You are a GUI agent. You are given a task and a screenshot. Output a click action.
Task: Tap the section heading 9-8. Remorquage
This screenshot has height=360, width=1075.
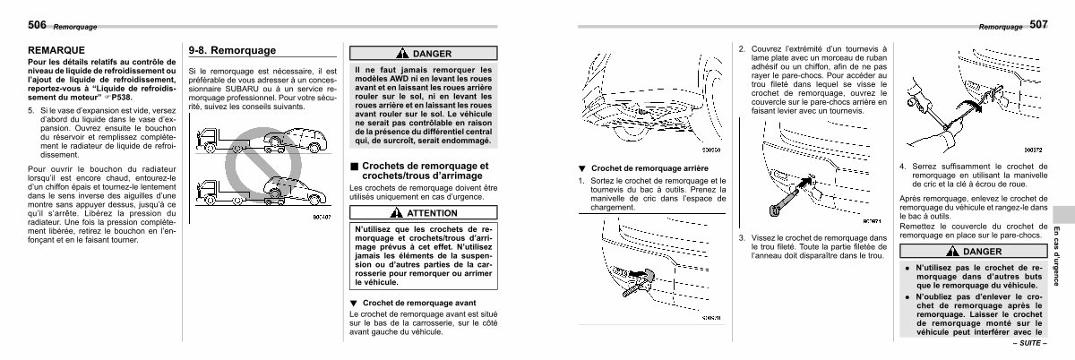231,50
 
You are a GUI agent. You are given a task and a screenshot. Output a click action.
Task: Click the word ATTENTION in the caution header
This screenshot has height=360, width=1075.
432,214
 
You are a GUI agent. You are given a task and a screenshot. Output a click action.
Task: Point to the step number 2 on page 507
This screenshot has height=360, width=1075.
743,48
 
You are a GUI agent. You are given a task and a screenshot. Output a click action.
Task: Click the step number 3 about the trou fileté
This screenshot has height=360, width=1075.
743,237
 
